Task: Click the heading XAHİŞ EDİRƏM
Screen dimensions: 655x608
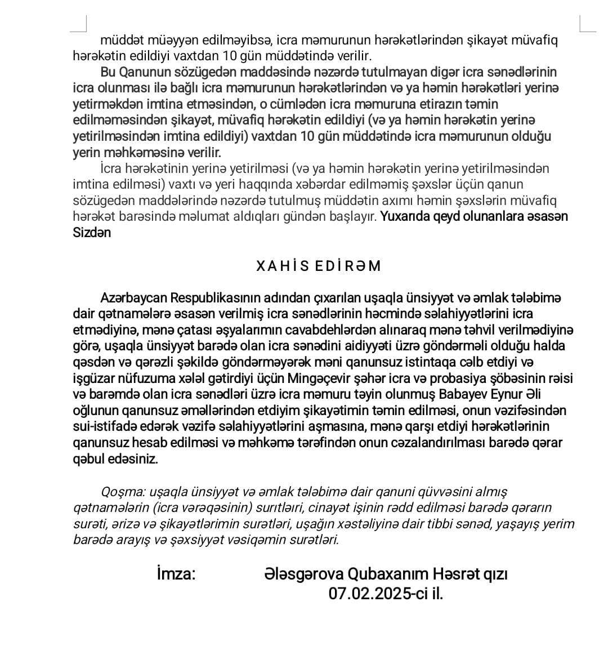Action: click(x=319, y=266)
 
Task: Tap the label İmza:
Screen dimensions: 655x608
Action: click(x=176, y=574)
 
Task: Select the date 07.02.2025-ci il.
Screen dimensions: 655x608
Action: click(x=386, y=594)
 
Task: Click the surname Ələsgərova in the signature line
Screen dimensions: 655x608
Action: click(x=303, y=574)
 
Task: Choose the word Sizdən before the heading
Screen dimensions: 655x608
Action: click(x=92, y=233)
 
